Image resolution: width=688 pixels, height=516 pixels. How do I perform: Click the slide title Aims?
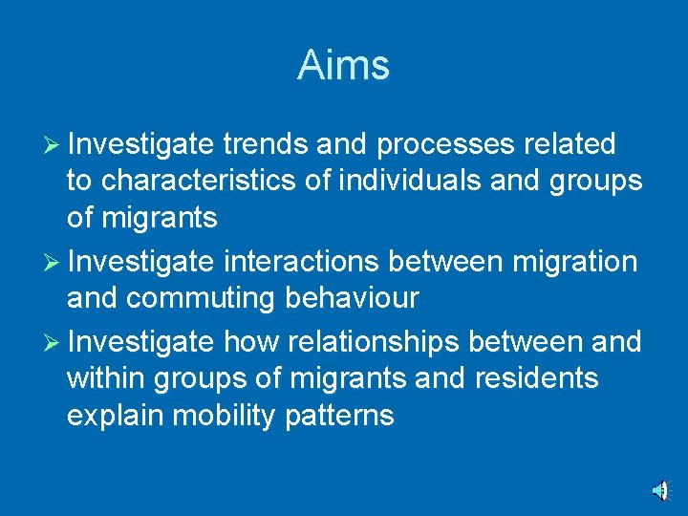(x=343, y=65)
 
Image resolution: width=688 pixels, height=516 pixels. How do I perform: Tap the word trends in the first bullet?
(x=264, y=144)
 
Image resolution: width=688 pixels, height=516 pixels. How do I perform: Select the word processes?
(x=445, y=145)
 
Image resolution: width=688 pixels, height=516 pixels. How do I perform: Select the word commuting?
(x=201, y=299)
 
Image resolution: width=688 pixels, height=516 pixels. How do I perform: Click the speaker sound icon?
(x=660, y=490)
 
